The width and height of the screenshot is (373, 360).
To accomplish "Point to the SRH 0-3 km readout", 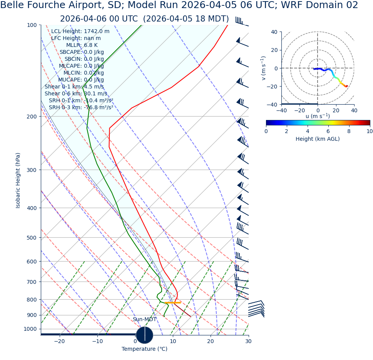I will tap(81, 107).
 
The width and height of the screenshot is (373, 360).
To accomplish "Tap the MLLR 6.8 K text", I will tap(82, 45).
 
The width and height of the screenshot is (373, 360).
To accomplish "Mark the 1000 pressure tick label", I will tap(30, 329).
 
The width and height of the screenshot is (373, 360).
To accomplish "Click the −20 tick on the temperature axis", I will tap(59, 342).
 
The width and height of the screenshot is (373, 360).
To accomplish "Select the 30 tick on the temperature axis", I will tap(248, 342).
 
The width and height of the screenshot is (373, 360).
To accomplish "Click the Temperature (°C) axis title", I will tap(144, 349).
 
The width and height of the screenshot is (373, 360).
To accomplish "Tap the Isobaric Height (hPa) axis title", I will tap(18, 180).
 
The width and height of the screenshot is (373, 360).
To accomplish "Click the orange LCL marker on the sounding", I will tap(173, 303).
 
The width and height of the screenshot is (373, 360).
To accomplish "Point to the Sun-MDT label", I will tap(145, 320).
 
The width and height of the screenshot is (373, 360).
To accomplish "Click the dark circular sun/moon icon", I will tap(144, 335).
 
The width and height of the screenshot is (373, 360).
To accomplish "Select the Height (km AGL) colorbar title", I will tap(318, 139).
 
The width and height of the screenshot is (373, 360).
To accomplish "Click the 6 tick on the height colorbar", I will tap(328, 131).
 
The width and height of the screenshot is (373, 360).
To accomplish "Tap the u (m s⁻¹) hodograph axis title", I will tap(318, 116).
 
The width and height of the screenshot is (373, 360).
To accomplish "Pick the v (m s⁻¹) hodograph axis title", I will tap(263, 68).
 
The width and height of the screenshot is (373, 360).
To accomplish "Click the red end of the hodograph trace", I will tap(346, 86).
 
